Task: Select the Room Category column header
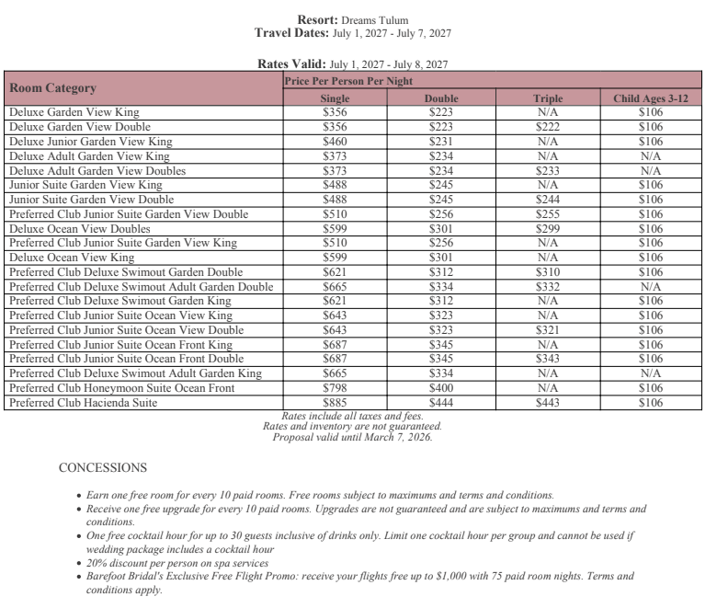52,88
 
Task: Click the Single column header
335,98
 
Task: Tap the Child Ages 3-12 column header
650,98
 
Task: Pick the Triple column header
548,98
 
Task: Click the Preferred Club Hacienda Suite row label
83,403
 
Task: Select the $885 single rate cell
335,403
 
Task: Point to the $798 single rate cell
335,388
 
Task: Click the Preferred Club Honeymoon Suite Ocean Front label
121,388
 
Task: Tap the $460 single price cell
335,142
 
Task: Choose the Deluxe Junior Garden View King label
90,142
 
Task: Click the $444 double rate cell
441,403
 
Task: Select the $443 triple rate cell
548,403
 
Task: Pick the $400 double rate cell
441,388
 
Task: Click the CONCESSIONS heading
102,468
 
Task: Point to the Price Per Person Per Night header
348,81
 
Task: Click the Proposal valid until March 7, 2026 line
352,437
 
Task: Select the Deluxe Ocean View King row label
72,258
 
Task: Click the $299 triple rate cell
548,229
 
